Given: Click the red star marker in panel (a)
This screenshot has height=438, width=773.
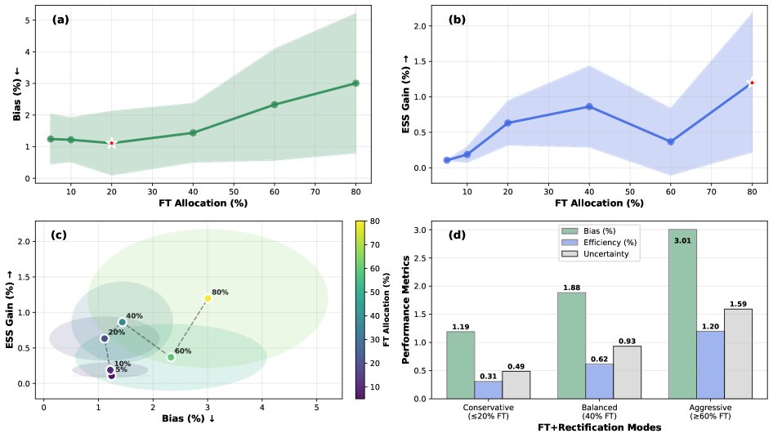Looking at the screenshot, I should click(112, 143).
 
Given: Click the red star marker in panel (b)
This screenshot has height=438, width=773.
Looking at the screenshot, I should click(752, 83).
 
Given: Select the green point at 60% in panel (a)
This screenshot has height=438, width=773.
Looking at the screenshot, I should click(275, 105).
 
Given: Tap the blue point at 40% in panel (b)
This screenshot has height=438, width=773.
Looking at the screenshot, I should click(589, 107).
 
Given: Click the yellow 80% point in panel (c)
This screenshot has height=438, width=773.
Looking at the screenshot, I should click(208, 298).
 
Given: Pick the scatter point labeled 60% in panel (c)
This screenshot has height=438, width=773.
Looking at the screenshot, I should click(171, 357).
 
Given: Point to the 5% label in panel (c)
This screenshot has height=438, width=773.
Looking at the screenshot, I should click(121, 370).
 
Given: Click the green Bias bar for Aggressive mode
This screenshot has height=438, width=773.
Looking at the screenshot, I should click(682, 314).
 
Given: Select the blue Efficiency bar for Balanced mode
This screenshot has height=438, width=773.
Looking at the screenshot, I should click(599, 381).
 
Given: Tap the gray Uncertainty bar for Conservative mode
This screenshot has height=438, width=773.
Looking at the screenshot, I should click(516, 385).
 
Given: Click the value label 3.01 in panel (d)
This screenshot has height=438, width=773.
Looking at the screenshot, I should click(682, 240).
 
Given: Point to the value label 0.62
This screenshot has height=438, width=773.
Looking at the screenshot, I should click(599, 359).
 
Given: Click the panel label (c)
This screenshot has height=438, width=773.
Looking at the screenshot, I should click(60, 235).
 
